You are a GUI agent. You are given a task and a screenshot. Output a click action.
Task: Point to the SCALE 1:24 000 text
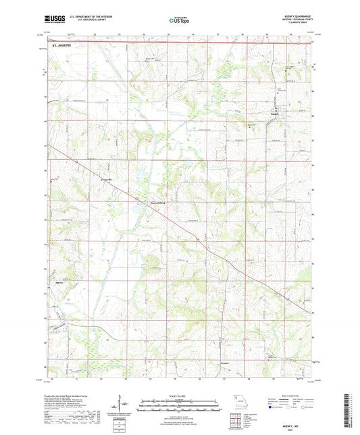click(180, 396)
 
